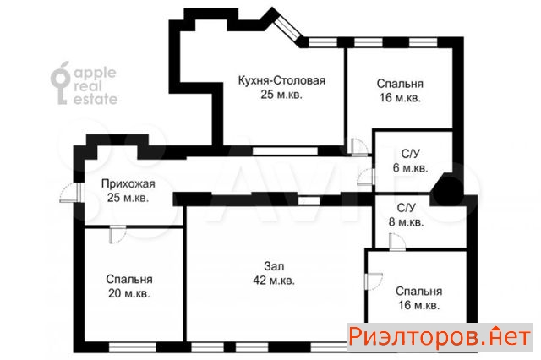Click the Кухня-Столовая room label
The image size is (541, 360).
tap(281, 80)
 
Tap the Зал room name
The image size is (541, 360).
tap(274, 266)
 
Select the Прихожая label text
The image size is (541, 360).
tap(128, 183)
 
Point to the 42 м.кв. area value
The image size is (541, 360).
tap(274, 281)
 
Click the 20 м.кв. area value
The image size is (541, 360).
tap(129, 293)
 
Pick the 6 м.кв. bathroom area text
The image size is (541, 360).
tap(411, 168)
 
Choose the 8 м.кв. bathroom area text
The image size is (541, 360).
tap(406, 222)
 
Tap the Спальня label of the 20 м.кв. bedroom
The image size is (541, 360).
tap(129, 280)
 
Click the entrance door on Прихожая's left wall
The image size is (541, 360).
tap(72, 193)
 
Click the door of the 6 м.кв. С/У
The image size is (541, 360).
tap(366, 177)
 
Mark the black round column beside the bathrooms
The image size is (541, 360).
tap(446, 189)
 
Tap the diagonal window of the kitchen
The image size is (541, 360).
tap(288, 27)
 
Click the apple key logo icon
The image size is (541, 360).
tap(61, 83)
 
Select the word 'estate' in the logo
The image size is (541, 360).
tap(96, 100)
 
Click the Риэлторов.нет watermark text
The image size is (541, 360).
tap(440, 337)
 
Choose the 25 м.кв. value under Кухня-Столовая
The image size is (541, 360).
tap(281, 95)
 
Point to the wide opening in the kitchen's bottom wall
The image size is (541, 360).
tap(285, 151)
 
